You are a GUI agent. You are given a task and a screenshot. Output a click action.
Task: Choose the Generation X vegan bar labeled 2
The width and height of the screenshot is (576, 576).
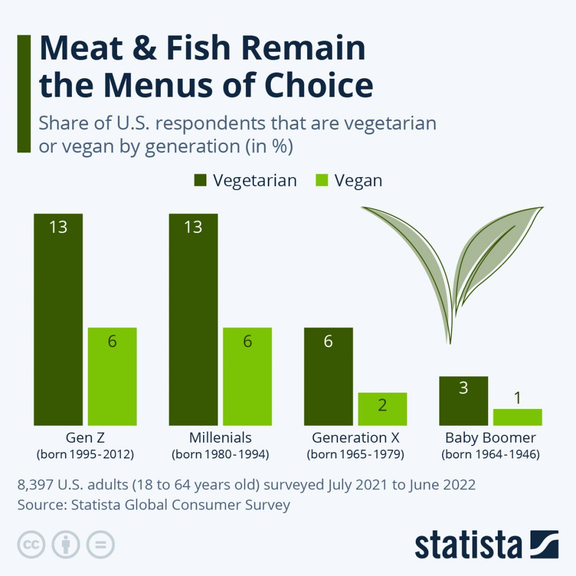tap(382, 408)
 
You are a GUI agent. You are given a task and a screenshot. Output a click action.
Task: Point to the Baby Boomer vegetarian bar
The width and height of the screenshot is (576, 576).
tap(463, 400)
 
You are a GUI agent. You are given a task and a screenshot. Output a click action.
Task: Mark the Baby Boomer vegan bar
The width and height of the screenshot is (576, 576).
tap(517, 417)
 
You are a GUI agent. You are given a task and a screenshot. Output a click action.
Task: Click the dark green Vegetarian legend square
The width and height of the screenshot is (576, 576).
tap(200, 180)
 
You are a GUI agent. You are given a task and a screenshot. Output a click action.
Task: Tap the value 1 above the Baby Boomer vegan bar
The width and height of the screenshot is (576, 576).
tap(517, 398)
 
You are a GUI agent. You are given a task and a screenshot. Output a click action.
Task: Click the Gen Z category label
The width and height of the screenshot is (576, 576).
tap(85, 438)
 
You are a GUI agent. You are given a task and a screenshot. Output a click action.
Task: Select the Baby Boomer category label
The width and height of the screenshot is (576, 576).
tap(490, 438)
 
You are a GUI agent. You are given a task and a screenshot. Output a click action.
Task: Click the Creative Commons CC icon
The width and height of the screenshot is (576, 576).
tap(31, 544)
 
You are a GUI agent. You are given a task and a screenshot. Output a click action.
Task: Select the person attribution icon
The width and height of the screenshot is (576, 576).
tap(66, 544)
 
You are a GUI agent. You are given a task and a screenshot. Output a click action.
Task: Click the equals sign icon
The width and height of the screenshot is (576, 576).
tap(100, 544)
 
